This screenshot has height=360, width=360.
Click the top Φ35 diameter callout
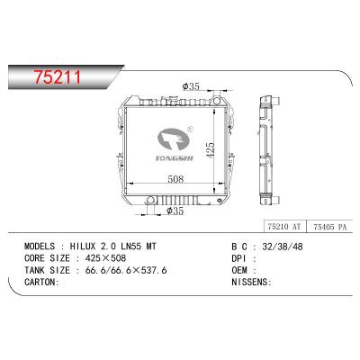coord(189,87)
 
